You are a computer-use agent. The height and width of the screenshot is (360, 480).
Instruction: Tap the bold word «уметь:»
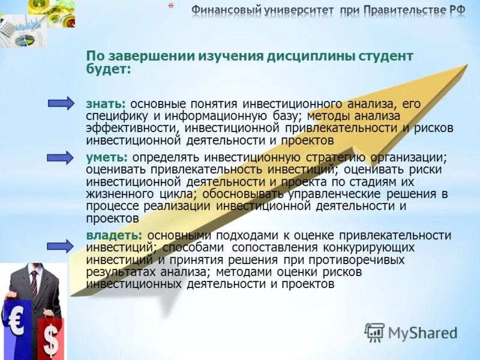click(x=107, y=157)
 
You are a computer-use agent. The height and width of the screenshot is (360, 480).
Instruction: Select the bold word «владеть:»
click(x=114, y=235)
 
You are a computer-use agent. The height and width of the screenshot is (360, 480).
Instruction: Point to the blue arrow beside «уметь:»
click(x=61, y=157)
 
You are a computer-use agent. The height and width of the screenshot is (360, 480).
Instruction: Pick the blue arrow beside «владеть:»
click(x=61, y=245)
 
